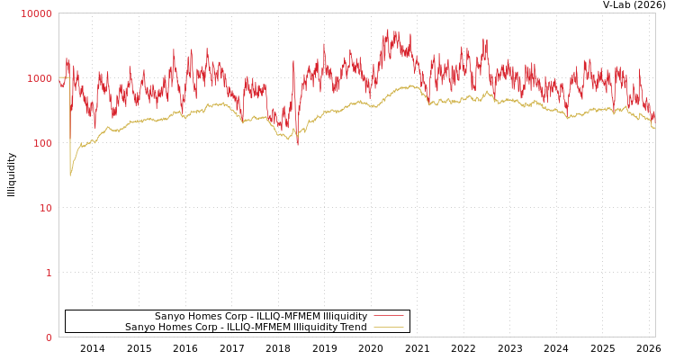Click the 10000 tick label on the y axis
tap(37, 13)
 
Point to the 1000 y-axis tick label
tap(40, 78)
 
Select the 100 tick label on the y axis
tap(41, 143)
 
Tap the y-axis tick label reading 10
tap(45, 208)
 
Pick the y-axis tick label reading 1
tap(49, 273)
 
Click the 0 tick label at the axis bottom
tap(49, 337)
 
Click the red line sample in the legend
tap(388, 316)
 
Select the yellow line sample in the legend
tap(388, 328)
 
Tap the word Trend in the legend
tap(351, 328)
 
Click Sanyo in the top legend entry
tap(170, 317)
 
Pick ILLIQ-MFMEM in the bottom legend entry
tap(261, 328)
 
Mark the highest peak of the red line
tap(388, 30)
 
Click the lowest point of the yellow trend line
tap(70, 175)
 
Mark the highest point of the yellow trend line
tap(411, 85)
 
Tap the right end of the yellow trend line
tap(654, 129)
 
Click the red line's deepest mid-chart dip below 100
tap(298, 144)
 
